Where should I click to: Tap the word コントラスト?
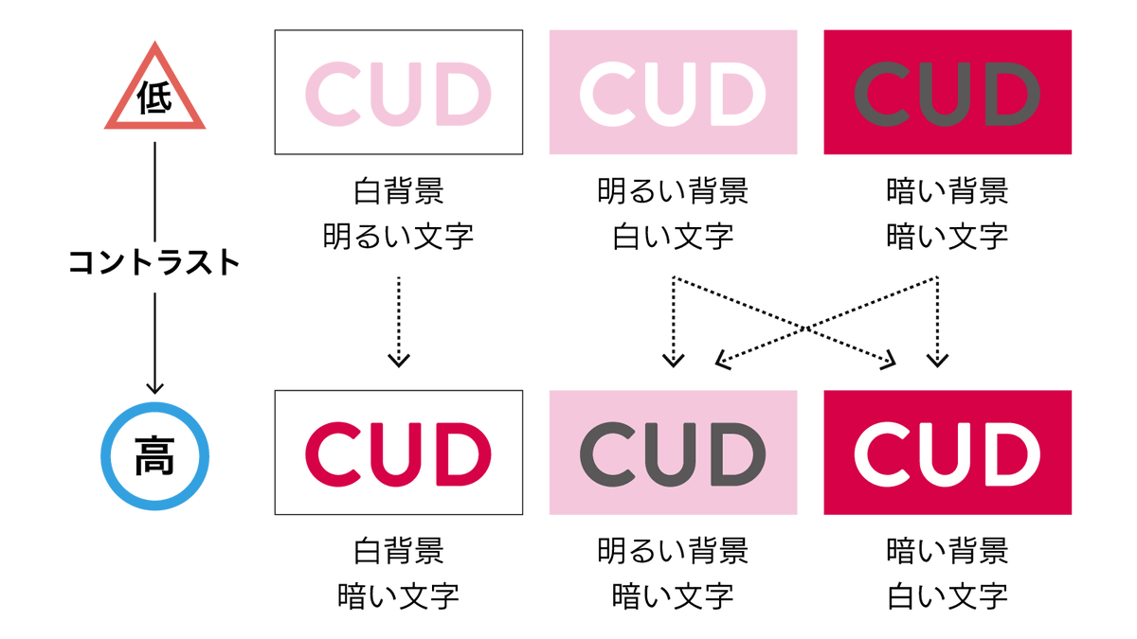coord(154,263)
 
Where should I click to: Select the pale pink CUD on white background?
coord(398,94)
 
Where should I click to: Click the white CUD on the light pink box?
coord(673,94)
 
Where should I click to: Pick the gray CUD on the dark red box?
coord(947,94)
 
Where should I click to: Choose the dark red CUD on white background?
coord(398,454)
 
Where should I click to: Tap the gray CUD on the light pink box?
coord(673,454)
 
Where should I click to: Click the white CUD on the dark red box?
coord(947,454)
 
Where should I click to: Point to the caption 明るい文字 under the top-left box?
coord(399,237)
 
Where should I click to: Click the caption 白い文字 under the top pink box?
coord(673,237)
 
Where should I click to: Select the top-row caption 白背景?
coord(399,190)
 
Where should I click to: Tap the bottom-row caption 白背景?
coord(399,551)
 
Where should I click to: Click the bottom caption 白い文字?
coord(947,596)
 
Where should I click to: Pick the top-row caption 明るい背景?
coord(673,190)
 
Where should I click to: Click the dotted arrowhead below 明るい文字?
coord(399,361)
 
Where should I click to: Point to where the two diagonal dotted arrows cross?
coord(805,328)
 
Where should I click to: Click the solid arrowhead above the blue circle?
coord(154,388)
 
